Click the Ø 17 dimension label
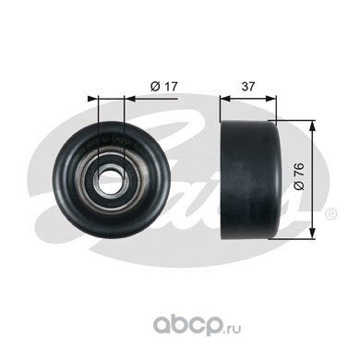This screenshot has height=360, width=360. (164, 87)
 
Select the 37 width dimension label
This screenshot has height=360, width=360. (248, 87)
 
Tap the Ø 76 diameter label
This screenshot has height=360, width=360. (299, 176)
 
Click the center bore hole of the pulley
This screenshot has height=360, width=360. (110, 179)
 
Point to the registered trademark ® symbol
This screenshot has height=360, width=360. (331, 214)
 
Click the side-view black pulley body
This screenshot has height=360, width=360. (250, 180)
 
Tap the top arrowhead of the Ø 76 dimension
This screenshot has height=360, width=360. (313, 126)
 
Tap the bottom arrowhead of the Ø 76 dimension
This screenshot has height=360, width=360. (313, 233)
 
